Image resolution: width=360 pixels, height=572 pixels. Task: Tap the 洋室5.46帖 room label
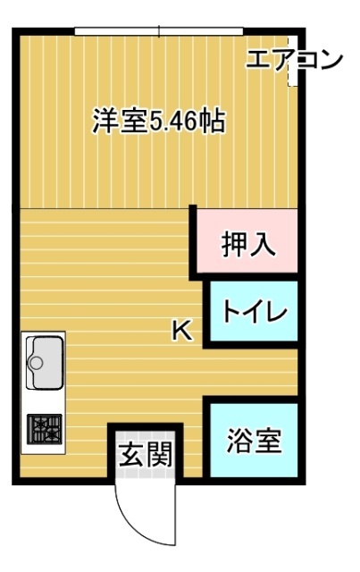click(x=157, y=122)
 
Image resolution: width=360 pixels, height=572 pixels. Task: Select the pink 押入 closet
click(x=247, y=242)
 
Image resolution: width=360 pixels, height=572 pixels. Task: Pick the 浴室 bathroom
click(x=254, y=440)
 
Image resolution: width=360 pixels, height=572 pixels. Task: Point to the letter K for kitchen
click(x=181, y=332)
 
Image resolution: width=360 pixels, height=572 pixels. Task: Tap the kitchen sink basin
click(x=42, y=360)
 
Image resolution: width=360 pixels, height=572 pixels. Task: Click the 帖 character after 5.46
click(x=211, y=122)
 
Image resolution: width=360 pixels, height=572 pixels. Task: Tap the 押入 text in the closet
click(x=247, y=242)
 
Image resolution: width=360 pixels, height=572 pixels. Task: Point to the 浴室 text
click(x=254, y=440)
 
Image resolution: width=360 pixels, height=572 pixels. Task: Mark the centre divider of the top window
click(x=159, y=32)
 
